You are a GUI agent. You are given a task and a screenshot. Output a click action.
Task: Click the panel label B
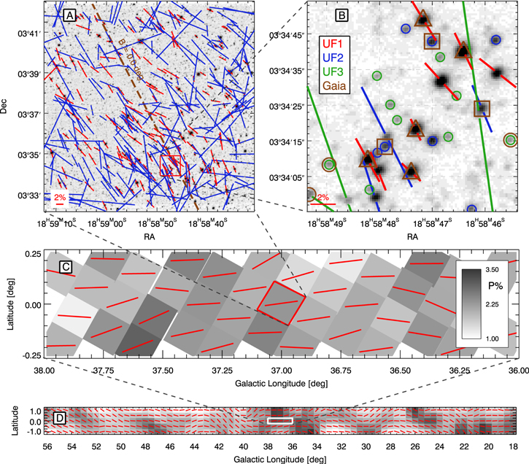click(340, 15)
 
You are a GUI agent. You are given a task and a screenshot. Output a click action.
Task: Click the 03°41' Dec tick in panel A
click(26, 34)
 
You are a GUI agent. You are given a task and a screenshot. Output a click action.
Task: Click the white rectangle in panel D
click(280, 421)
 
